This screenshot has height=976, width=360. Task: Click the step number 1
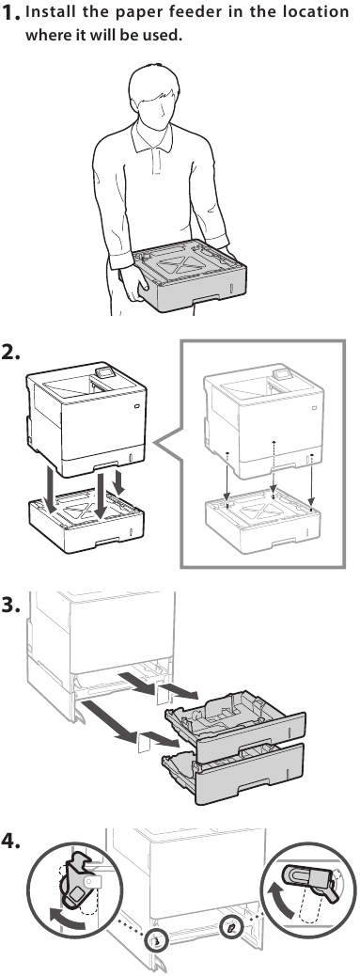(x=12, y=16)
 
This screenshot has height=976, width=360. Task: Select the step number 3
(x=13, y=606)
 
